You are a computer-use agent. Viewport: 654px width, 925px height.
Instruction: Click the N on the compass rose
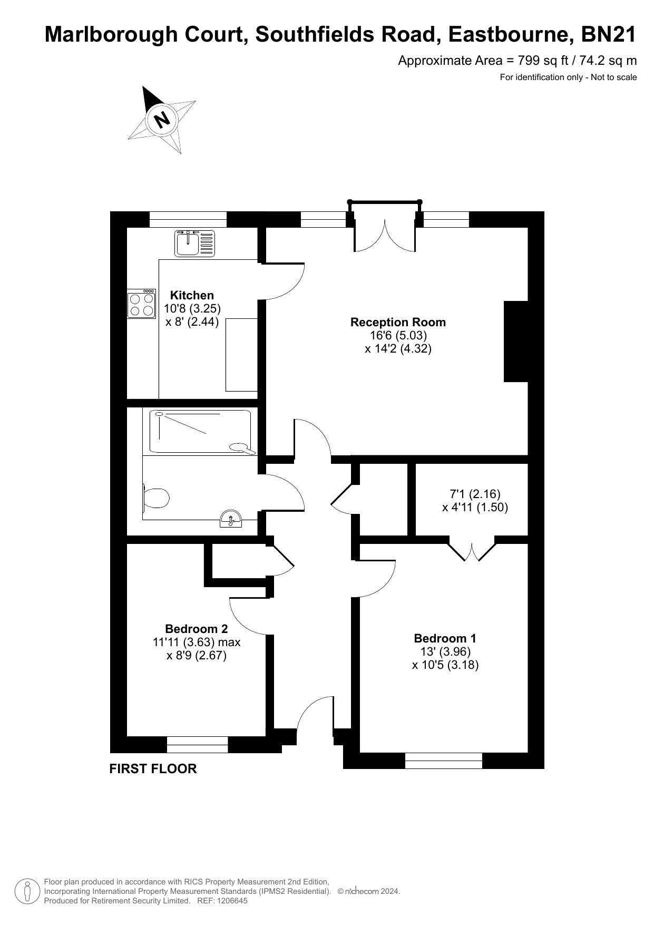pos(163,119)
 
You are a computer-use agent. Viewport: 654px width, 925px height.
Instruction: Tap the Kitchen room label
pos(192,295)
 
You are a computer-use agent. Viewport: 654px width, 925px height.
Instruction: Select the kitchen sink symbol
pos(194,243)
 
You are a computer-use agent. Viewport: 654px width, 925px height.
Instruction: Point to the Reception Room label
pos(398,322)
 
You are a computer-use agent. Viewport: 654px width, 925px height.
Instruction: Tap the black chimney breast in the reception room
pos(516,341)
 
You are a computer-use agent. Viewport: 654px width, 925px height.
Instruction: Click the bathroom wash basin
pos(231,519)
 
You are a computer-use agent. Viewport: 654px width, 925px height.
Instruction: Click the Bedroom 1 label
pos(445,638)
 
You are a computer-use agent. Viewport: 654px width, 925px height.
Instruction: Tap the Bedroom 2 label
pos(197,629)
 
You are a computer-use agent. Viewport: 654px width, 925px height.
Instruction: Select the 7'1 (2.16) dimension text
pos(475,494)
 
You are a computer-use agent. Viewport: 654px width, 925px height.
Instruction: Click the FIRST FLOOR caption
pos(153,768)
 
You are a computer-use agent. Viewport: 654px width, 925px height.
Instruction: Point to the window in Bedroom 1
pos(444,761)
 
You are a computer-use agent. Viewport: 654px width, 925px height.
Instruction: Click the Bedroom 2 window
pos(198,745)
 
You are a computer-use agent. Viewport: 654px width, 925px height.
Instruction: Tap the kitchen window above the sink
pos(188,219)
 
